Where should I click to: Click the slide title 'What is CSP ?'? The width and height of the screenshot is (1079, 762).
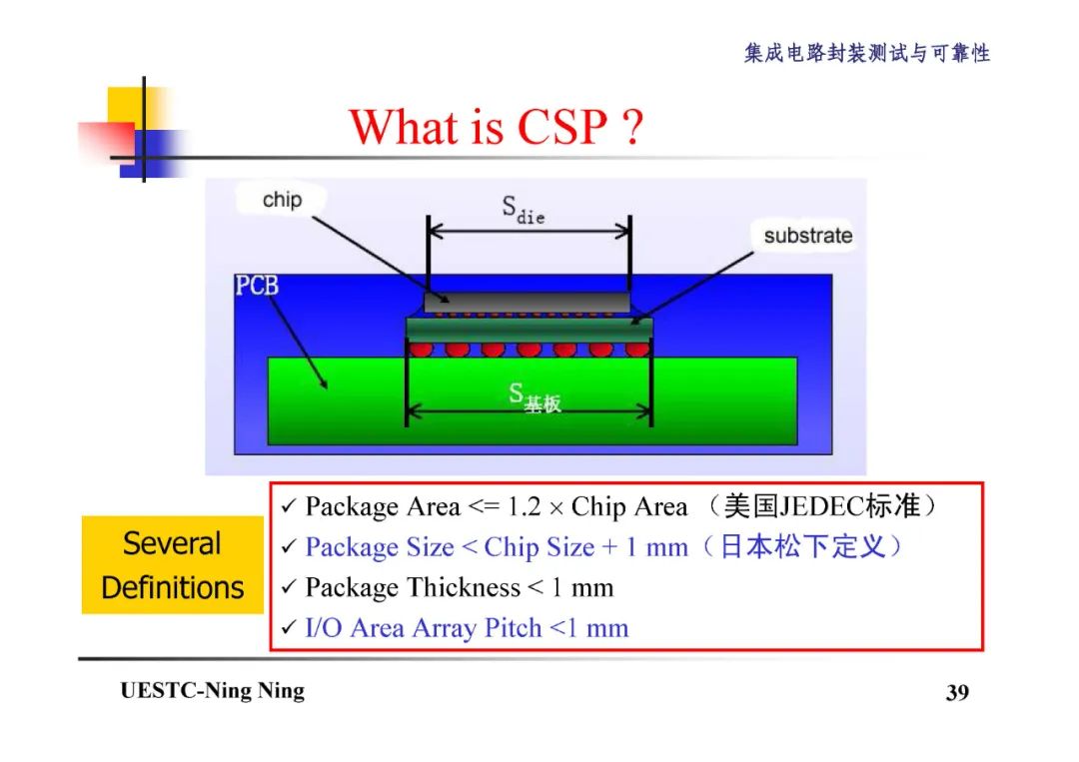pyautogui.click(x=496, y=127)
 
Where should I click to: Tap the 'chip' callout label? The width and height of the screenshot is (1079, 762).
pyautogui.click(x=282, y=200)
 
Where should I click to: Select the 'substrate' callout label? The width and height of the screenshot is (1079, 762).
pyautogui.click(x=807, y=236)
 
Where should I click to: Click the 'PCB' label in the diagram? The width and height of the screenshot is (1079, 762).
pyautogui.click(x=257, y=287)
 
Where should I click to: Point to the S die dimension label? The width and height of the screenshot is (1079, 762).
pyautogui.click(x=523, y=210)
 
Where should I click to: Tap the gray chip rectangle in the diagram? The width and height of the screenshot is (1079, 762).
pyautogui.click(x=527, y=301)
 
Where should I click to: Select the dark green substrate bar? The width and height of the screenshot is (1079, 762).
pyautogui.click(x=529, y=328)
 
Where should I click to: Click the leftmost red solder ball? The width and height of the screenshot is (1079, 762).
pyautogui.click(x=421, y=349)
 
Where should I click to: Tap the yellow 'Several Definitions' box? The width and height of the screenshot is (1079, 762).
pyautogui.click(x=172, y=564)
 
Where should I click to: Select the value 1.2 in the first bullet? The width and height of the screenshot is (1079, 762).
pyautogui.click(x=524, y=507)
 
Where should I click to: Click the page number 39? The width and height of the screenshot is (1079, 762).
pyautogui.click(x=957, y=693)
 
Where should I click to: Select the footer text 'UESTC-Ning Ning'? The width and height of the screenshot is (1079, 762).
pyautogui.click(x=212, y=691)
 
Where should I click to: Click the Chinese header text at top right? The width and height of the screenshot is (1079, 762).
pyautogui.click(x=866, y=54)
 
